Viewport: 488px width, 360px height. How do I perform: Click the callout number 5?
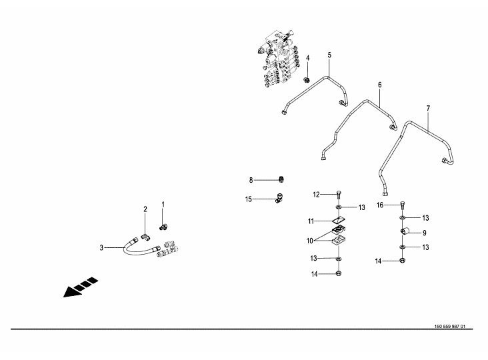pyautogui.click(x=329, y=55)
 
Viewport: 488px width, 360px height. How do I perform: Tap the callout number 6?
pyautogui.click(x=380, y=85)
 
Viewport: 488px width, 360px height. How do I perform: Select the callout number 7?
pyautogui.click(x=428, y=108)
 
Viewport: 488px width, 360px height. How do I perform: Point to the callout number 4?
pyautogui.click(x=308, y=58)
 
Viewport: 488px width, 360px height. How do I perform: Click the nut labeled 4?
pyautogui.click(x=307, y=79)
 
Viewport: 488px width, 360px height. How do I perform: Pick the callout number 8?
pyautogui.click(x=251, y=180)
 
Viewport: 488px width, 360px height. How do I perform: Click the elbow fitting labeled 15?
pyautogui.click(x=279, y=198)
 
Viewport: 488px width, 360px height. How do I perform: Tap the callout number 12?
pyautogui.click(x=316, y=195)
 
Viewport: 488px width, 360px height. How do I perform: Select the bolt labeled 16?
pyautogui.click(x=402, y=205)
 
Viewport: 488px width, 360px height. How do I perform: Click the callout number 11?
pyautogui.click(x=311, y=221)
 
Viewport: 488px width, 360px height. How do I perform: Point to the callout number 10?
pyautogui.click(x=310, y=241)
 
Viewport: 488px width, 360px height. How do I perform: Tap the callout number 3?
pyautogui.click(x=101, y=248)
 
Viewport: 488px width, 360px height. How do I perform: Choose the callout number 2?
pyautogui.click(x=145, y=209)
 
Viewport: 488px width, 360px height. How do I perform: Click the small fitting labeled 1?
pyautogui.click(x=163, y=228)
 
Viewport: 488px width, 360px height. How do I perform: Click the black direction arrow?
pyautogui.click(x=81, y=287)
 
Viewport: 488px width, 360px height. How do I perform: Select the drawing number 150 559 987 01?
pyautogui.click(x=450, y=327)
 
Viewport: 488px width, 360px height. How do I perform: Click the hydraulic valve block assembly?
pyautogui.click(x=279, y=59)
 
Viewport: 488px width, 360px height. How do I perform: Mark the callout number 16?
pyautogui.click(x=380, y=205)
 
